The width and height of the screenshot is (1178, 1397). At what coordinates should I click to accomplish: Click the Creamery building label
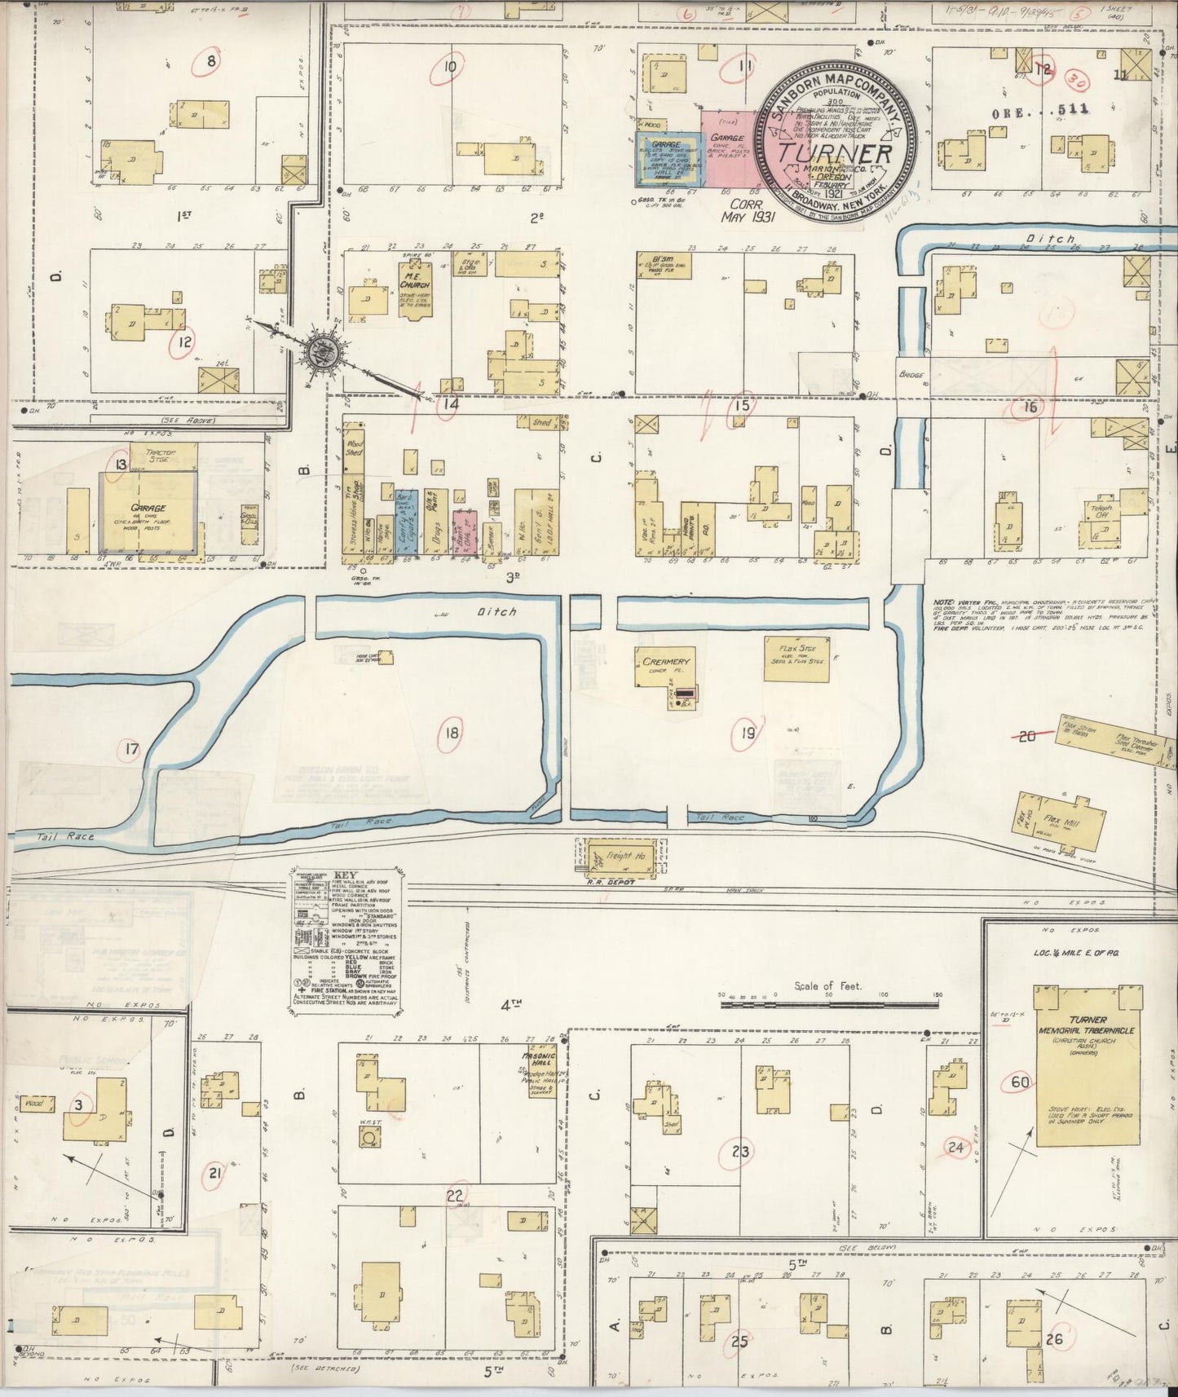tap(665, 661)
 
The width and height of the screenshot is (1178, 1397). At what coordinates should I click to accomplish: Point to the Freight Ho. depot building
tap(621, 857)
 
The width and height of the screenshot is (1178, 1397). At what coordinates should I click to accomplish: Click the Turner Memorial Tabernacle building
tap(1088, 1067)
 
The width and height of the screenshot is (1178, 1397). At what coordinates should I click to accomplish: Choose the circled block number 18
tap(451, 733)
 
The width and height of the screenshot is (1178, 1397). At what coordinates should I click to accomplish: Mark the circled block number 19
tap(747, 734)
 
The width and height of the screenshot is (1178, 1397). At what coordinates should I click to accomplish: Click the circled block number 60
tap(1019, 1082)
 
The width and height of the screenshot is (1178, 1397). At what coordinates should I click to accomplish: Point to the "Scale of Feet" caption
tap(827, 986)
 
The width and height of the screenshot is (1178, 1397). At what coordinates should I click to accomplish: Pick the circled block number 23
tap(740, 1152)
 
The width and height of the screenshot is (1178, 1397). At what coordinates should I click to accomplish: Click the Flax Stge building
tap(796, 659)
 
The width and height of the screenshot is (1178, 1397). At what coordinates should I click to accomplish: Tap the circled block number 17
tap(130, 749)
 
